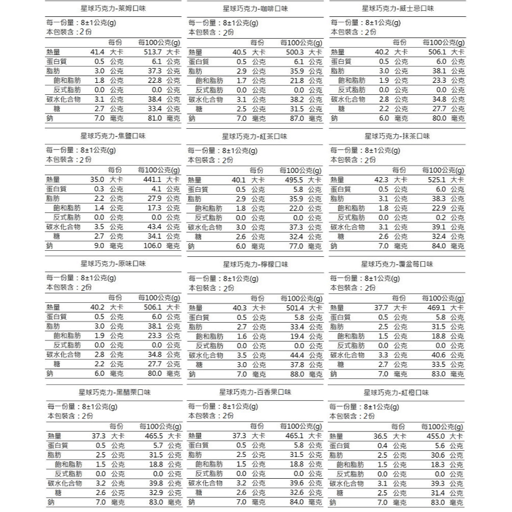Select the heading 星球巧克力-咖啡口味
click(x=255, y=9)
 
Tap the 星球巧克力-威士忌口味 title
click(x=398, y=8)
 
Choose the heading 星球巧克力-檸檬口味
click(x=255, y=265)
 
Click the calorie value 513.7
click(x=149, y=53)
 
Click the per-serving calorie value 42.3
click(x=381, y=180)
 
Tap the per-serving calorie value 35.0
click(x=97, y=180)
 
